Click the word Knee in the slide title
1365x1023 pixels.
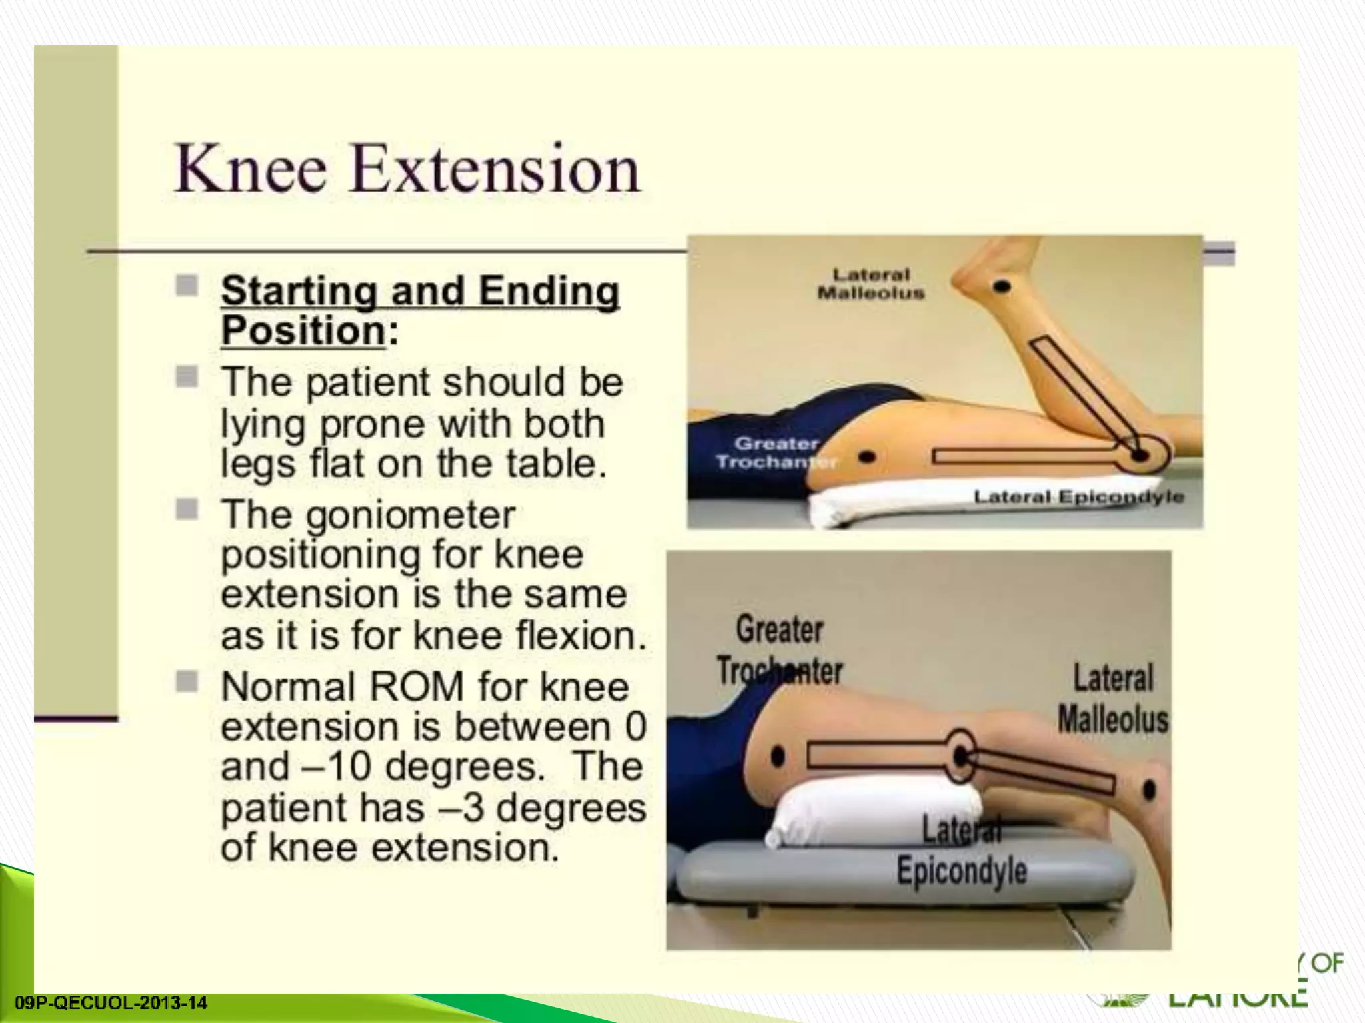click(x=251, y=169)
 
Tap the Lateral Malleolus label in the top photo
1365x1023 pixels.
click(x=871, y=284)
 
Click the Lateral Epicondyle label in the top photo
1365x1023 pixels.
click(x=1078, y=497)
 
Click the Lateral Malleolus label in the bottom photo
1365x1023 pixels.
click(x=1113, y=699)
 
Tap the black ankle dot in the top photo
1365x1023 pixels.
click(x=1002, y=288)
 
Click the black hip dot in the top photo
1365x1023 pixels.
click(x=866, y=458)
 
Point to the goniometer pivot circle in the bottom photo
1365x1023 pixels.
click(x=960, y=756)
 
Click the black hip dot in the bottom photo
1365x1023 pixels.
click(x=777, y=756)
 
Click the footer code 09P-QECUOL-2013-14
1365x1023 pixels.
click(x=111, y=1003)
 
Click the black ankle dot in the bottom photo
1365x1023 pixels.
click(x=1149, y=790)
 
